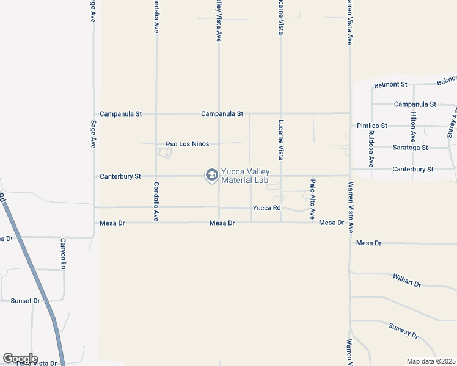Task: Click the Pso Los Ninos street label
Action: pos(188,144)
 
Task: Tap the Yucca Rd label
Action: pos(266,208)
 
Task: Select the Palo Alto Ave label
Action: pos(312,199)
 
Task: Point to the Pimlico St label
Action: pos(372,126)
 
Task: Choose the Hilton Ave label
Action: pos(414,127)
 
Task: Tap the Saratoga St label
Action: pos(409,148)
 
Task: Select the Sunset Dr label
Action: pos(25,301)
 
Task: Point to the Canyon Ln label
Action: pos(62,254)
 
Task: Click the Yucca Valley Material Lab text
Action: pos(245,176)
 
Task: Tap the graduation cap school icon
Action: pos(212,176)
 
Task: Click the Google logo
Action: pos(20,358)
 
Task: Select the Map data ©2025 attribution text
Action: pos(431,361)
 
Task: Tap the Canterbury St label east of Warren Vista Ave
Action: pos(413,169)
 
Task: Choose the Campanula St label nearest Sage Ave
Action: pos(120,114)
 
